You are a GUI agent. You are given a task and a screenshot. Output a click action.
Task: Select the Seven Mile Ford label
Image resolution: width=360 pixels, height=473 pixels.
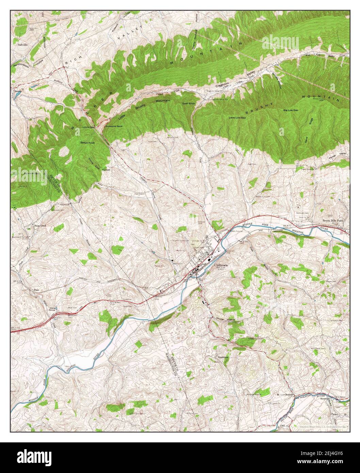[x=333, y=221]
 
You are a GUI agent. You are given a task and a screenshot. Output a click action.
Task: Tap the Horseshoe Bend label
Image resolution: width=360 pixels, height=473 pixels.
[x=114, y=126]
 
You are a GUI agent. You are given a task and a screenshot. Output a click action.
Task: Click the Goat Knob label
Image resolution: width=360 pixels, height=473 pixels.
[x=188, y=103]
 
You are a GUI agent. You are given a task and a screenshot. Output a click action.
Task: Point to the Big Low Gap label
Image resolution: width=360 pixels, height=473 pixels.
[x=291, y=110]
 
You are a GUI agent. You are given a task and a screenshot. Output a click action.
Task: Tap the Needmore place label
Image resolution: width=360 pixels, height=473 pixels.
[x=223, y=357]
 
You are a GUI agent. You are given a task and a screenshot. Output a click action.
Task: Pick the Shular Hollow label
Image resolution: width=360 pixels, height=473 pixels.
[x=225, y=320]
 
